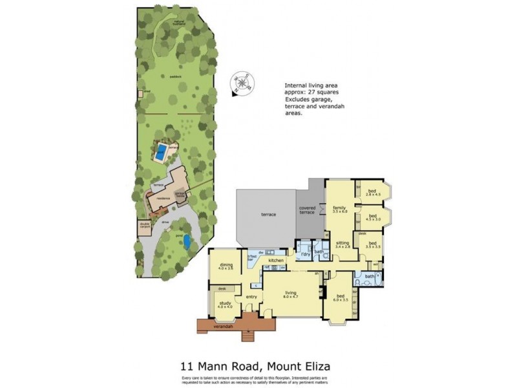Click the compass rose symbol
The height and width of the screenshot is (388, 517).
point(244,83)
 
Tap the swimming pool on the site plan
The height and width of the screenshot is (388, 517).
point(160,153)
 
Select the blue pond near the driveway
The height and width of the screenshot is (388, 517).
point(187,242)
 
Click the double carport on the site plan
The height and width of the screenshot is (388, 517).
point(143,228)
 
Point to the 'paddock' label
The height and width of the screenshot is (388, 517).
point(175,76)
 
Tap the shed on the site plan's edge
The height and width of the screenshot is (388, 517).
point(140,93)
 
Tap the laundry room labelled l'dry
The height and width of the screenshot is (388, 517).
point(306,254)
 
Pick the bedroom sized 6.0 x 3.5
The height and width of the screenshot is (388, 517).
point(341,299)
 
